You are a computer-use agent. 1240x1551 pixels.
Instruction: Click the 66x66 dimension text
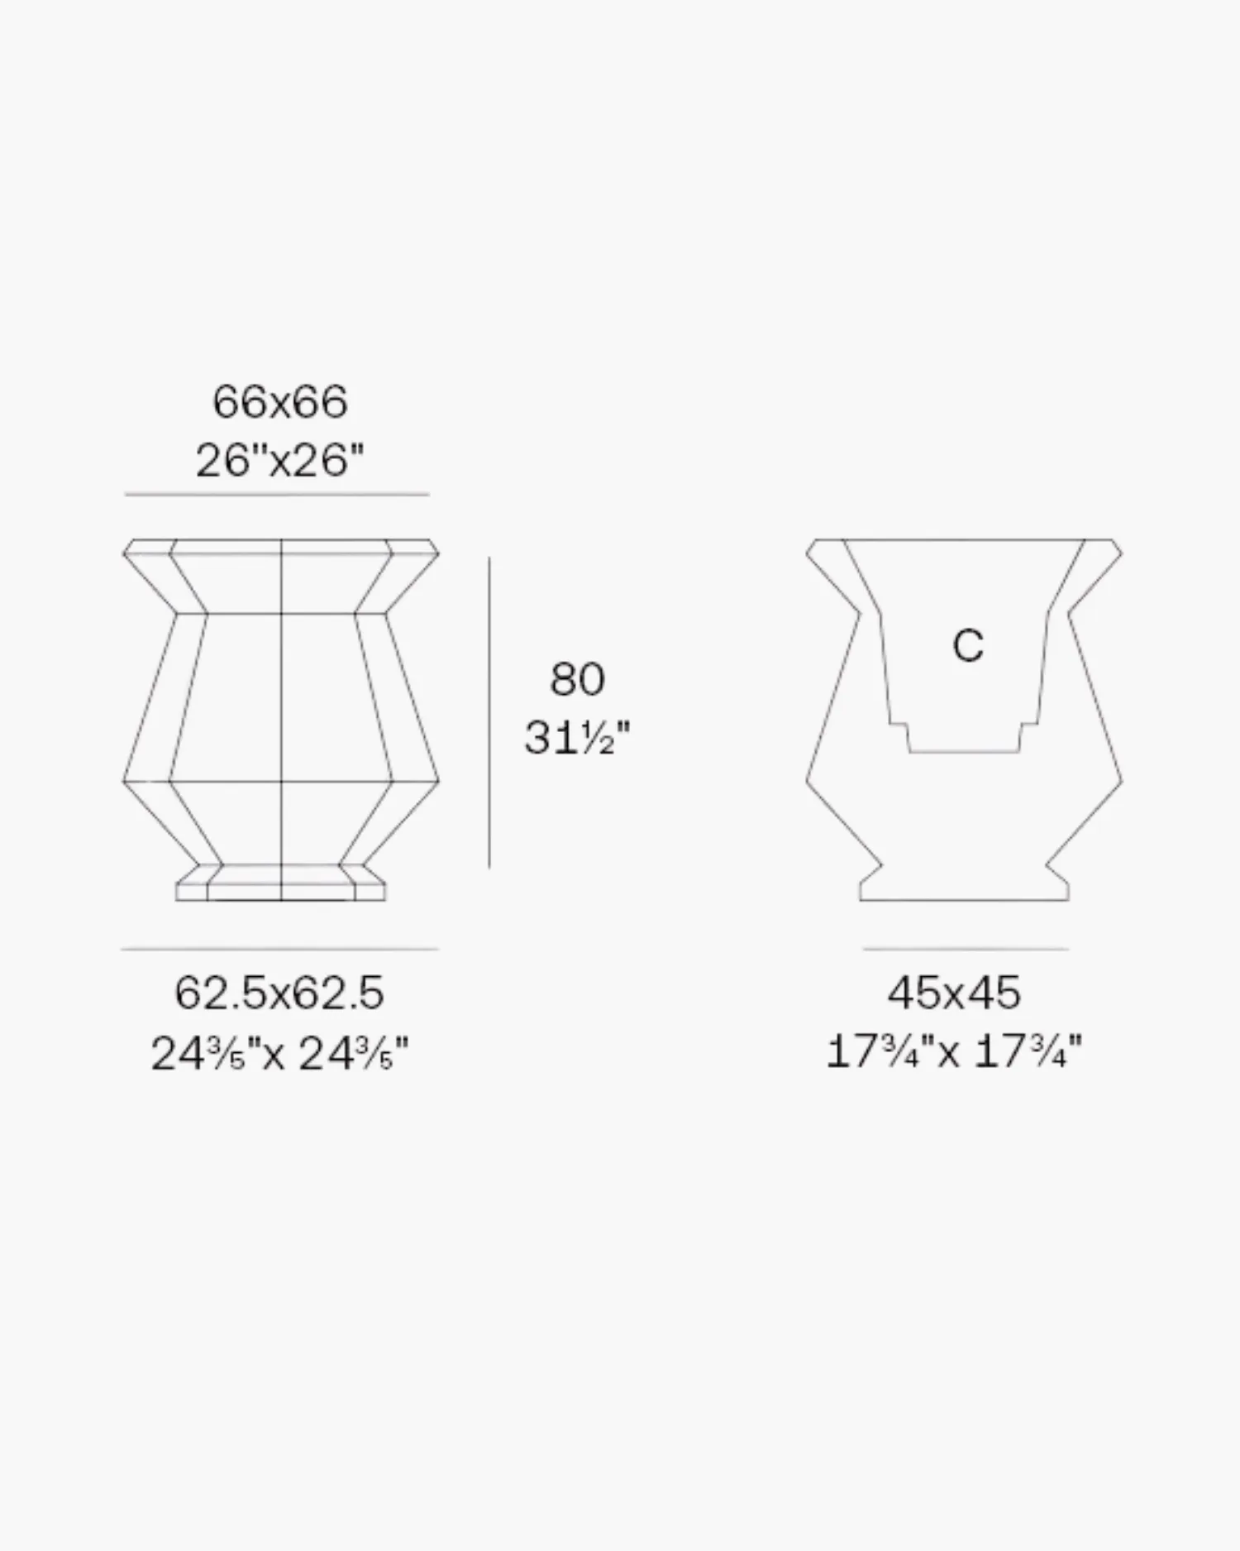click(280, 402)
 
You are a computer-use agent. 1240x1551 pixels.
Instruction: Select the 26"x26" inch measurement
click(279, 460)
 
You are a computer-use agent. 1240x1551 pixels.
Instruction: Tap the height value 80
click(577, 679)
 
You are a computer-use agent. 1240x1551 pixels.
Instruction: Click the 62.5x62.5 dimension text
click(279, 993)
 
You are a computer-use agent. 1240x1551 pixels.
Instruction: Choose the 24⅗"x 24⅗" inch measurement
click(279, 1053)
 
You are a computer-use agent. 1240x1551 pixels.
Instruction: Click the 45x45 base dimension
click(955, 993)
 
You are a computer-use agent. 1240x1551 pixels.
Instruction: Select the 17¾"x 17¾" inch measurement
click(955, 1053)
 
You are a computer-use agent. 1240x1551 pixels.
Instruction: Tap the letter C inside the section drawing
click(968, 646)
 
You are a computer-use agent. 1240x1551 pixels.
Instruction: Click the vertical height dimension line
click(489, 712)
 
